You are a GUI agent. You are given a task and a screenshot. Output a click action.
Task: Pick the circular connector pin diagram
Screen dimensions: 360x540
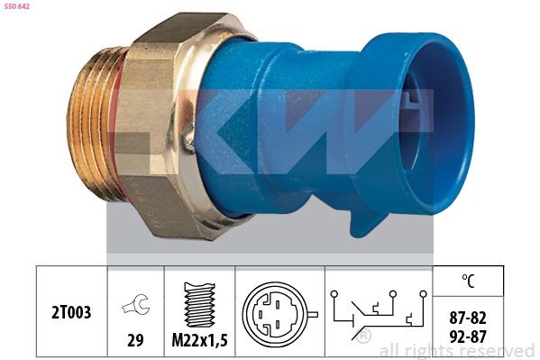[x=274, y=313]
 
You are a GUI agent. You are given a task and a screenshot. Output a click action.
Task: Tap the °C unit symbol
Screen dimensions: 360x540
[x=466, y=282]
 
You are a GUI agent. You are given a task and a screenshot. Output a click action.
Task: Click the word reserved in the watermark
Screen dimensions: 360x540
[x=496, y=350]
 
